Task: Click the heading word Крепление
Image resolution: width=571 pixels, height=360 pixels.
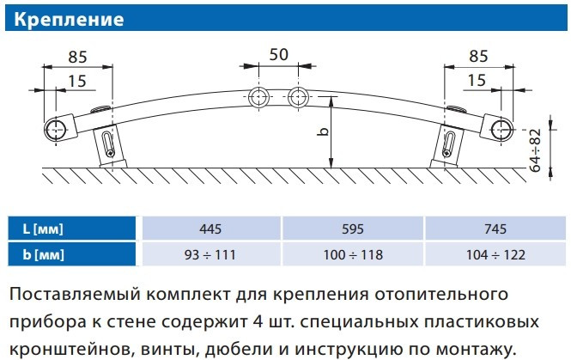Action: point(69,19)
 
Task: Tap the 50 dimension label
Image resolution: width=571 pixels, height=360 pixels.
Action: point(278,55)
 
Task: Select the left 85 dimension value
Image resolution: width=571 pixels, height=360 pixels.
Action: point(77,58)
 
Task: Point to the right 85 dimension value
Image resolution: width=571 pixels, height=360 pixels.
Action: point(478,57)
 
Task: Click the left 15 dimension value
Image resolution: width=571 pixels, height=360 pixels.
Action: point(77,82)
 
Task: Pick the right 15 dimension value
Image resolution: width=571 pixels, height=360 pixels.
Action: point(477,81)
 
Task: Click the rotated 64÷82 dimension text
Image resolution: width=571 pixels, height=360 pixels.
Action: point(535,149)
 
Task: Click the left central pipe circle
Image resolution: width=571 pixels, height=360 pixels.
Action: point(258,98)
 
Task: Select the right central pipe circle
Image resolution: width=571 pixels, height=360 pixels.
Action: point(298,98)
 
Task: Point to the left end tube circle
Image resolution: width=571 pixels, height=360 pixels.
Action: point(56,130)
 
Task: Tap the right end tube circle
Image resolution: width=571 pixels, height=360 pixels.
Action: point(501,130)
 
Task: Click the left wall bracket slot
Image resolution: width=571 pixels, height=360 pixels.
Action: point(108,143)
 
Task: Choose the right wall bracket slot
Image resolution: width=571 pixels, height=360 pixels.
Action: point(448,144)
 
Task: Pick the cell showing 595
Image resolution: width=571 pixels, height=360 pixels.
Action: point(353,229)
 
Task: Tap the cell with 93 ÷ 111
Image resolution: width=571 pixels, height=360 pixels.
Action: point(210,254)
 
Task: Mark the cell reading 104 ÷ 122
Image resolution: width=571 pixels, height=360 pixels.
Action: point(495,254)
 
